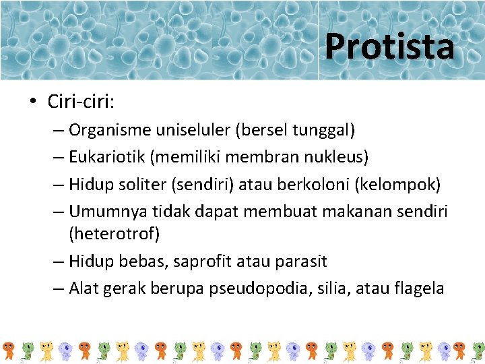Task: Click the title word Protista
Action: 389,47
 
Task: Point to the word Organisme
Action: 101,129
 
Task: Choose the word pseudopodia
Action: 249,289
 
